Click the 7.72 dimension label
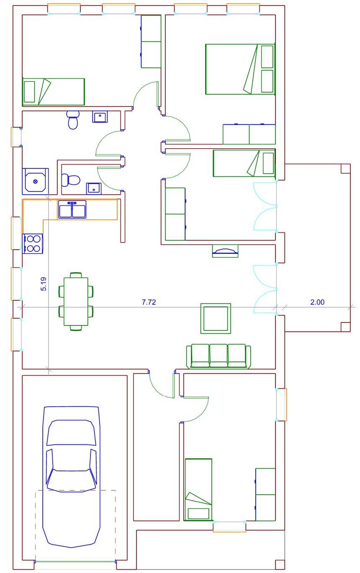(149, 302)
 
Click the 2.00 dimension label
(317, 302)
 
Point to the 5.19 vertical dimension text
(44, 284)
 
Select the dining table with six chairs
(76, 301)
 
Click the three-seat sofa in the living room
(219, 356)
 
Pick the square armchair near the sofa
(216, 318)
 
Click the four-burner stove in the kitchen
(33, 243)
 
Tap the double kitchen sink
(72, 209)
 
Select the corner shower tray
(35, 181)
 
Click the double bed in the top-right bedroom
(240, 69)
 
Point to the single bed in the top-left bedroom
(54, 92)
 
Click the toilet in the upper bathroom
(73, 120)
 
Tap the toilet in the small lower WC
(71, 180)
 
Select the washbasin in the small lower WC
(94, 188)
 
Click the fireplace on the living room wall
(225, 251)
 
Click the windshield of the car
(71, 432)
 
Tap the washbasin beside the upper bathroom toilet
(100, 116)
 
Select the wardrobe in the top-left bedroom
(151, 41)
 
